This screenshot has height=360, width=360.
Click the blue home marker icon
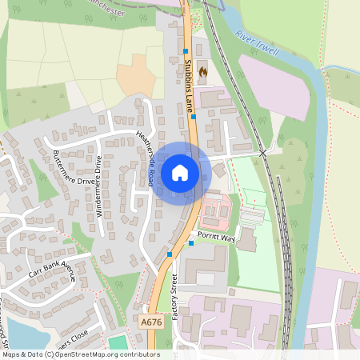coord(180,172)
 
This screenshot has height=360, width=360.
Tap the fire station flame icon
coord(202,72)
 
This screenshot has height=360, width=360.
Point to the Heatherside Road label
coord(145,158)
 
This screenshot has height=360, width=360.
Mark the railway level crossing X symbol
coord(262,152)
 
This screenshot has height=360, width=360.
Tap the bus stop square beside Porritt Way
coord(190,242)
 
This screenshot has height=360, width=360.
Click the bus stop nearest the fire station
coord(186,50)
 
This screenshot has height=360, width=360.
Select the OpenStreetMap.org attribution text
coord(80,354)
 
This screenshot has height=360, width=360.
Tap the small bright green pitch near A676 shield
coord(118,342)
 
